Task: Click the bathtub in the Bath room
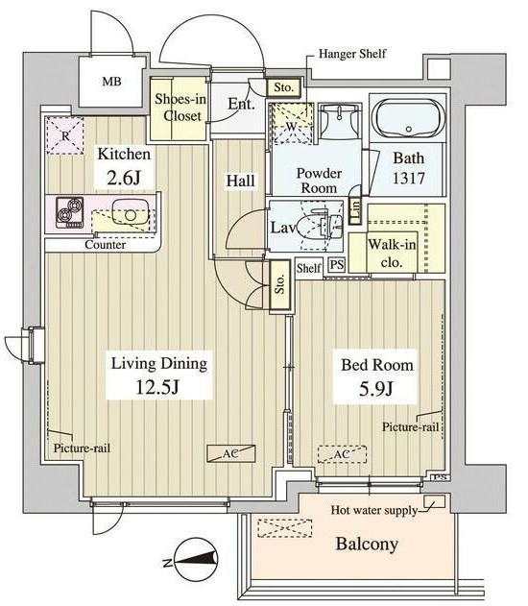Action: [x=408, y=118]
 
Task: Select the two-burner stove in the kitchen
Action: [x=70, y=212]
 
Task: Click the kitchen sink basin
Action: [x=131, y=214]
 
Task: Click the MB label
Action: [x=111, y=82]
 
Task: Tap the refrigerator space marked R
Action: [x=65, y=135]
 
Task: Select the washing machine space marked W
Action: [x=292, y=124]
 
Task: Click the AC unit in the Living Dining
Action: [x=231, y=453]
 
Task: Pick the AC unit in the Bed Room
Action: [x=342, y=454]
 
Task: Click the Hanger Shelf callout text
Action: [x=352, y=54]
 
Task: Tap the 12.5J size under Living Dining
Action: [x=158, y=387]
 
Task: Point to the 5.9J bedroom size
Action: [x=375, y=388]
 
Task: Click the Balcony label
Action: [x=367, y=544]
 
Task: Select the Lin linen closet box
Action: [x=355, y=210]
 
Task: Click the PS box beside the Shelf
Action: [x=337, y=265]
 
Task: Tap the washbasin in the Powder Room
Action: [x=340, y=120]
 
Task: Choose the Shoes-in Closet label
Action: [x=180, y=108]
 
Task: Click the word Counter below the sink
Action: [x=105, y=245]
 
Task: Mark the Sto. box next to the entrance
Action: [x=284, y=87]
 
